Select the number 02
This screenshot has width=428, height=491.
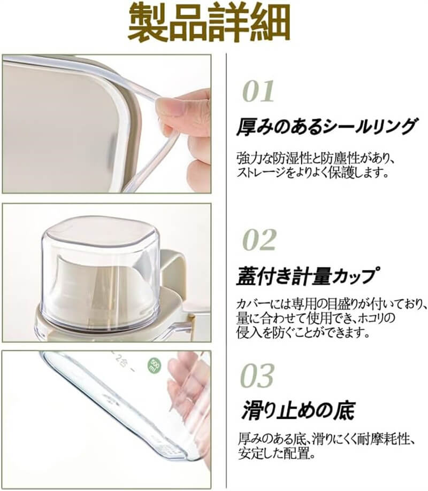pos(259,239)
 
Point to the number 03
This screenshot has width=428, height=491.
pos(257,375)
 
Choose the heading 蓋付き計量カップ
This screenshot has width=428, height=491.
pos(306,276)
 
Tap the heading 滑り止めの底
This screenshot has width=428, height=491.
pos(298,410)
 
